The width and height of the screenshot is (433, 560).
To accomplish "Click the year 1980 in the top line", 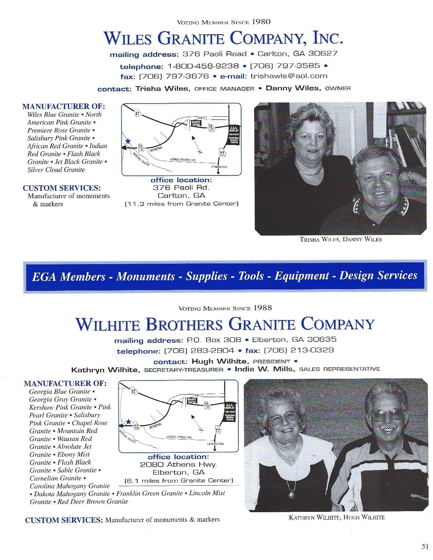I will (261, 22).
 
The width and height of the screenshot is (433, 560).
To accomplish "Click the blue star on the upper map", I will (128, 141).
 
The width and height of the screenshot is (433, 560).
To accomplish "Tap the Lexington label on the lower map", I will (215, 444).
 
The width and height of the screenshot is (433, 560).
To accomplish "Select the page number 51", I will (425, 546).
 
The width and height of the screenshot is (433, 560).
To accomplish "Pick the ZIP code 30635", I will (322, 339).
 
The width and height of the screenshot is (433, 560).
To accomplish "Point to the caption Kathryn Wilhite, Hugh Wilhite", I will (337, 518).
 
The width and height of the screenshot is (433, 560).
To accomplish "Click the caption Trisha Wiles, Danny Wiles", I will (340, 240).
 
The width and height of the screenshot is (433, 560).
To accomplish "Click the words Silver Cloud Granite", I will (56, 170).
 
